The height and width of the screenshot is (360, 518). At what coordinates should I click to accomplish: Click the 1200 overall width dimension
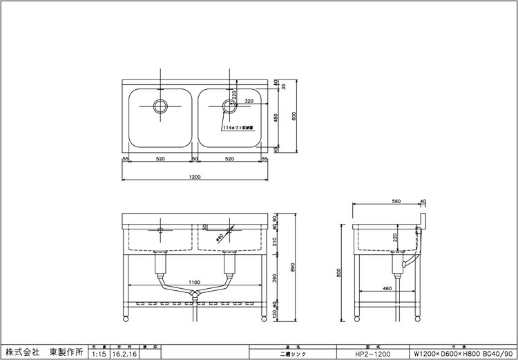pyautogui.click(x=194, y=177)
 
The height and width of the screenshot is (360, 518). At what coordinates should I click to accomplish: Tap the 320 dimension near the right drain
pyautogui.click(x=248, y=101)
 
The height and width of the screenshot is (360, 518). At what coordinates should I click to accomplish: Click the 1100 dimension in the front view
pyautogui.click(x=194, y=283)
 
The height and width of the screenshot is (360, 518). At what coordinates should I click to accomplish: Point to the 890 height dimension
pyautogui.click(x=296, y=267)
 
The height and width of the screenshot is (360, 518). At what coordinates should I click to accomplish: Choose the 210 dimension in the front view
pyautogui.click(x=276, y=240)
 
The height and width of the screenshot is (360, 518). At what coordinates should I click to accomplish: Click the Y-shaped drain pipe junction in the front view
pyautogui.click(x=194, y=294)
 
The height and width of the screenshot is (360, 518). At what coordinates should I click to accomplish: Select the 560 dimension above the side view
pyautogui.click(x=396, y=201)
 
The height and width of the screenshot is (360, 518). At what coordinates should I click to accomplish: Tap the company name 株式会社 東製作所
pyautogui.click(x=44, y=352)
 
